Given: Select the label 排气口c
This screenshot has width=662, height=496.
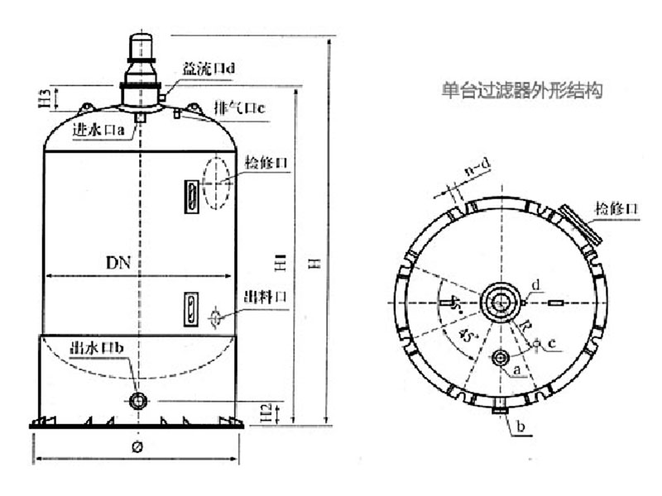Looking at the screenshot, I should pyautogui.click(x=238, y=108).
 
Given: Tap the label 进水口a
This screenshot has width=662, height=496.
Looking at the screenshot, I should pyautogui.click(x=98, y=129).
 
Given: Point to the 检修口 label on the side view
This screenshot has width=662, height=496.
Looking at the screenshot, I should pyautogui.click(x=266, y=163).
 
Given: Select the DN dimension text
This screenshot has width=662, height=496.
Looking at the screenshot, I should pyautogui.click(x=118, y=263).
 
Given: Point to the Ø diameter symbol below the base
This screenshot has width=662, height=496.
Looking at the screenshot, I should pyautogui.click(x=137, y=447).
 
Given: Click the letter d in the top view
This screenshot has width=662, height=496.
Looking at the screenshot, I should pyautogui.click(x=535, y=285).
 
